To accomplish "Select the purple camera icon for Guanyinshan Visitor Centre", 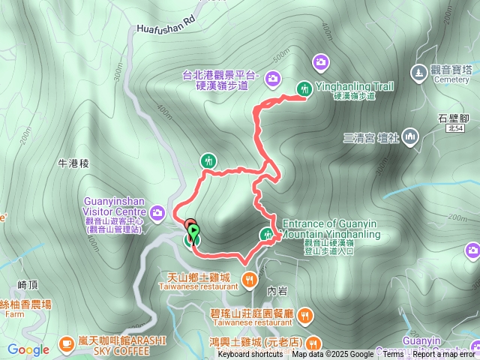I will pos(157,213).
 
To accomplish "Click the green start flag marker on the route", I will pos(193,231).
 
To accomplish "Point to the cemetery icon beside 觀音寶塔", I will pos(418,73).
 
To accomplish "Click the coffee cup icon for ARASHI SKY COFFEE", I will pos(66,343).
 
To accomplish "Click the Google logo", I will pos(28,349).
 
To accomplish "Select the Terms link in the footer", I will pos(393,355).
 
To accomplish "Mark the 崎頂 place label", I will pos(26,284).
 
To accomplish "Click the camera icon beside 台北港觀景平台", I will pos(272,76).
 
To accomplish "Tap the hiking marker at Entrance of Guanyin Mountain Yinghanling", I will pos(266,234).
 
